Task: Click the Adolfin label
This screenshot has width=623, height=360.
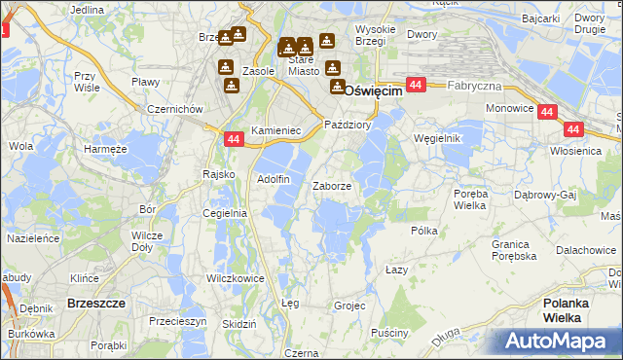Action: (x=273, y=179)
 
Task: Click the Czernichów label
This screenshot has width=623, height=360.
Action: (x=173, y=109)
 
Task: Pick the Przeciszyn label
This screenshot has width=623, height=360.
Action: (x=178, y=320)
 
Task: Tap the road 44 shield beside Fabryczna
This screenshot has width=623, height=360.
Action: (x=416, y=86)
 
